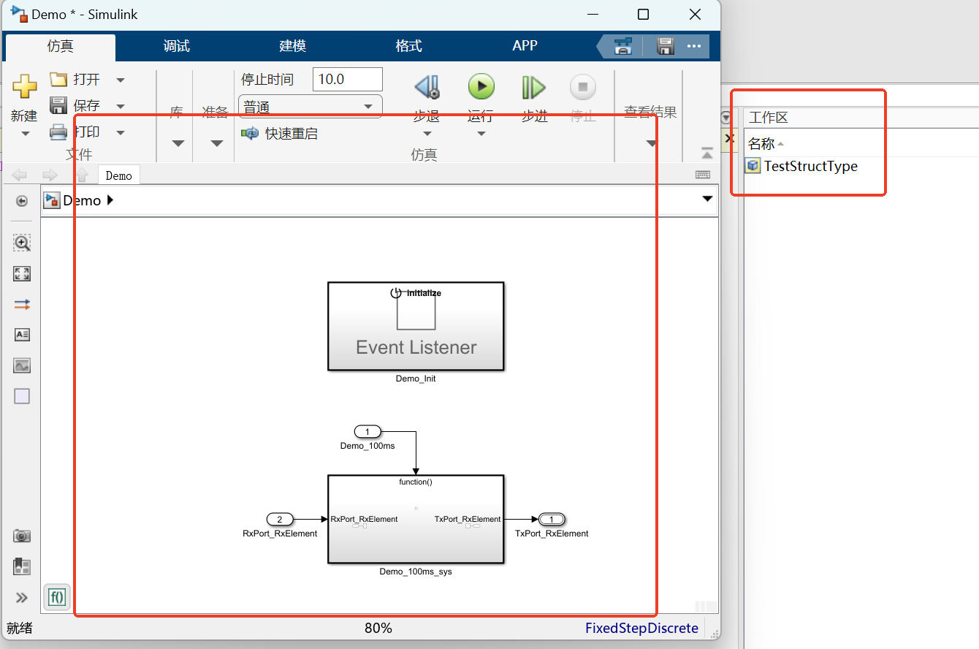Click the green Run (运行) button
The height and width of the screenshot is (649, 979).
481,87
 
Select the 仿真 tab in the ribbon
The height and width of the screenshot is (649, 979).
61,46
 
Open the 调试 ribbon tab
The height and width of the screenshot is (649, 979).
177,46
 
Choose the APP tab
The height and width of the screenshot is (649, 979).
525,46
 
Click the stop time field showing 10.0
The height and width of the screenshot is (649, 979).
347,79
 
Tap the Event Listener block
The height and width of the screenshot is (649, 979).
416,327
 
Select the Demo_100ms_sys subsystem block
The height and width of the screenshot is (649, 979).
416,520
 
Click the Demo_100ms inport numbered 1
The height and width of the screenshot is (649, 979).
367,431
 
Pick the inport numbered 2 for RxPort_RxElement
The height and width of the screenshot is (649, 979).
280,520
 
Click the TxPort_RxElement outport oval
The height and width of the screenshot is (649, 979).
552,520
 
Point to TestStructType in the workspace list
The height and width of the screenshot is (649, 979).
810,166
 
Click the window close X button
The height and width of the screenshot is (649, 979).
694,15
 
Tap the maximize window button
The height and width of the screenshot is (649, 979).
643,15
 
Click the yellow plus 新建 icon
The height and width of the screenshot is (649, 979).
24,86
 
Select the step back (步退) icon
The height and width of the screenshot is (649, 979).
427,88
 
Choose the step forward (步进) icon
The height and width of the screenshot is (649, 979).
533,88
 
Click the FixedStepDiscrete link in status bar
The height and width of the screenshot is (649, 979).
641,628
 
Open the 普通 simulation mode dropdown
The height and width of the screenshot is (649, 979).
310,107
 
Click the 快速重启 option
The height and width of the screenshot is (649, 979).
291,134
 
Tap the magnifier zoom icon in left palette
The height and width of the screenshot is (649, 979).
22,243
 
